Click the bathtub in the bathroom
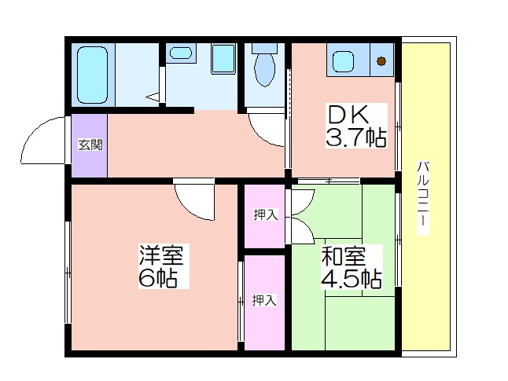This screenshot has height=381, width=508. [92, 75]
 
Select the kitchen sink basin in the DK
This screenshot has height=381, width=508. [343, 61]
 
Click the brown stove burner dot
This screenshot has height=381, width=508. [381, 60]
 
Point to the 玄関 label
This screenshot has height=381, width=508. [90, 145]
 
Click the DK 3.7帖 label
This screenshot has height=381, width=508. [356, 126]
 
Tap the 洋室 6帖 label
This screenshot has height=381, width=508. [164, 266]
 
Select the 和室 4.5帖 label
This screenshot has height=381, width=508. [352, 267]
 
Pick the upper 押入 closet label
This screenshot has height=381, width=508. [266, 214]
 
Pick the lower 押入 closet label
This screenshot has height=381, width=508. [264, 300]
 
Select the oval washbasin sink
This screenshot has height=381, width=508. [181, 53]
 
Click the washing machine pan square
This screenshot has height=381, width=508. [223, 59]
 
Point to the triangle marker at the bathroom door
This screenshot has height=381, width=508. [153, 97]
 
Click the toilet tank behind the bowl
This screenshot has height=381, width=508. [265, 48]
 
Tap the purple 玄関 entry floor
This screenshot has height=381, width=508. [89, 145]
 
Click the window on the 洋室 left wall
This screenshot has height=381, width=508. [68, 272]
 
